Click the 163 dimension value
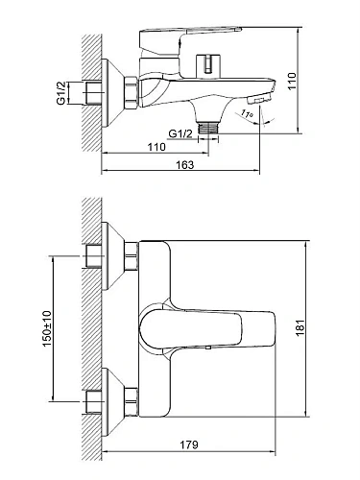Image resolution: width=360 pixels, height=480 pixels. (185, 165)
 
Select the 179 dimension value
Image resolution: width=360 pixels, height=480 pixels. (189, 444)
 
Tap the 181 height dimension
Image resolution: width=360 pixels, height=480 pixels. (300, 327)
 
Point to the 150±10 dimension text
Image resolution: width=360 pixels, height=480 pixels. (47, 328)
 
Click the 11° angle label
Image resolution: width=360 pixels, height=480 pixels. (247, 113)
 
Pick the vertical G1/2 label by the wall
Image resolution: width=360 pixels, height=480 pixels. (60, 93)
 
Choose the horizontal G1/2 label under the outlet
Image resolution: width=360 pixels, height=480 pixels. (180, 133)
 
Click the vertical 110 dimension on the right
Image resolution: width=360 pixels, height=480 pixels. (292, 82)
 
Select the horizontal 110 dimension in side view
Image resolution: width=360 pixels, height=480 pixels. (156, 147)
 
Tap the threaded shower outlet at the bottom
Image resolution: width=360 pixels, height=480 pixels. (208, 129)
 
